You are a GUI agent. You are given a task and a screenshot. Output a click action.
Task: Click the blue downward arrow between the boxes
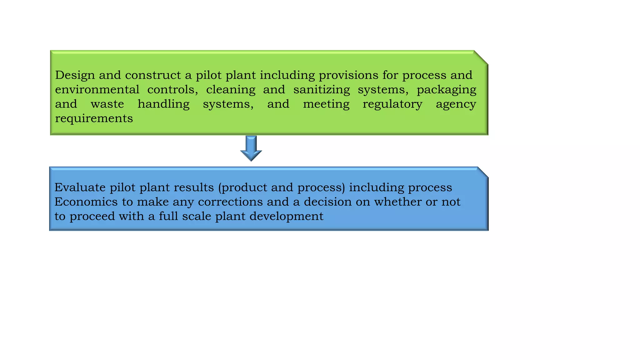point(251,148)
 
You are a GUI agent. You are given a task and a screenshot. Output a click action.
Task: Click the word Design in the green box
point(75,75)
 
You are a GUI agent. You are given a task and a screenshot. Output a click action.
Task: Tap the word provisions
point(348,75)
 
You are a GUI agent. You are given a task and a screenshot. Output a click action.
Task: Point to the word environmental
point(97,90)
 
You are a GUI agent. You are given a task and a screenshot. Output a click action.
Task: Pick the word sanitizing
point(322,90)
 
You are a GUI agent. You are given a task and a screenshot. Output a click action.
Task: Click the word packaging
point(446,90)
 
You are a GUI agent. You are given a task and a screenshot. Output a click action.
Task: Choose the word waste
point(107,104)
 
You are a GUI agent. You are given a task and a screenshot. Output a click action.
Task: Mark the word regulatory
point(392,104)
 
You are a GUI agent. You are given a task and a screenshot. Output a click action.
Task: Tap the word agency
point(456,104)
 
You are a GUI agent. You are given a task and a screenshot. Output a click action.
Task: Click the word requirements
point(94,119)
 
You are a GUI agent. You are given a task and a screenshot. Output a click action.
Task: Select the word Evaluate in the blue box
point(80,187)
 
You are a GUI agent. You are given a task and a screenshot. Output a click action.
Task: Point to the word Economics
point(86,202)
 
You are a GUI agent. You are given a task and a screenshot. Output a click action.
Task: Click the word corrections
point(230,202)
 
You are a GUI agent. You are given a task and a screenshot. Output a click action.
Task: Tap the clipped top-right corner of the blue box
point(483,172)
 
